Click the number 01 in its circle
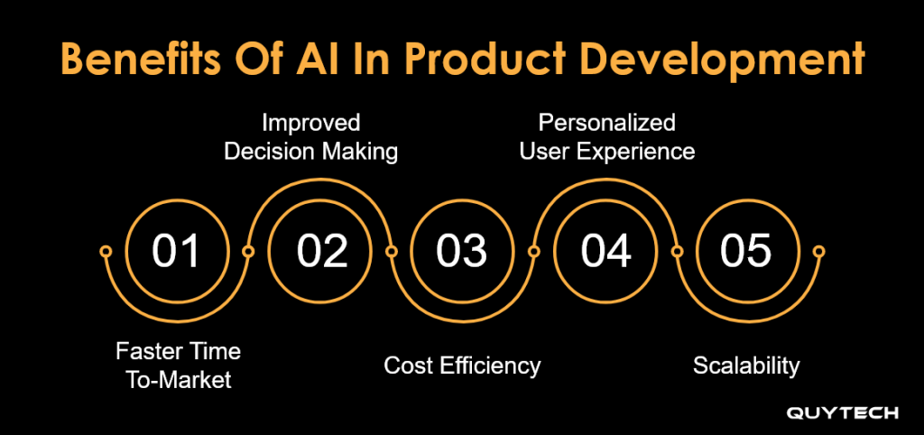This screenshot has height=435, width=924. [x=176, y=251]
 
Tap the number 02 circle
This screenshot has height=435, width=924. [x=321, y=251]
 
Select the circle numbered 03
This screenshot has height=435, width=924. [x=462, y=251]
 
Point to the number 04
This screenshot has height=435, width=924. [x=605, y=251]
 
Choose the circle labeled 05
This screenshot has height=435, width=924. [x=747, y=251]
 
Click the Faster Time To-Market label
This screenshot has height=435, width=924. [x=178, y=366]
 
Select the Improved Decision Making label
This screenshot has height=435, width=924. [x=311, y=137]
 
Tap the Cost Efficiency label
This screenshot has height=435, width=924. [x=462, y=366]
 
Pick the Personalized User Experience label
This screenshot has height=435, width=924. [x=607, y=137]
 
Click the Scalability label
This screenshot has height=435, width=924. [x=746, y=366]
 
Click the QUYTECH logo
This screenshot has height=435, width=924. [x=843, y=413]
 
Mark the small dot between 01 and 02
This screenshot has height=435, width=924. [x=248, y=251]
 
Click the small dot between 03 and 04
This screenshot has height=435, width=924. [x=534, y=251]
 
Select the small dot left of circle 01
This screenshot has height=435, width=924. [x=106, y=251]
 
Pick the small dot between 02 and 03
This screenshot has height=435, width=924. [x=392, y=251]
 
